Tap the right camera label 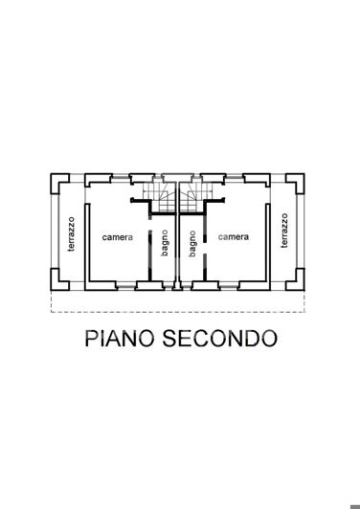tap(234, 237)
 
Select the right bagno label tap(191, 242)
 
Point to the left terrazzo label tap(71, 232)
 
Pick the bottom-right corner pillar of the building tap(299, 284)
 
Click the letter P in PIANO tap(91, 339)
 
